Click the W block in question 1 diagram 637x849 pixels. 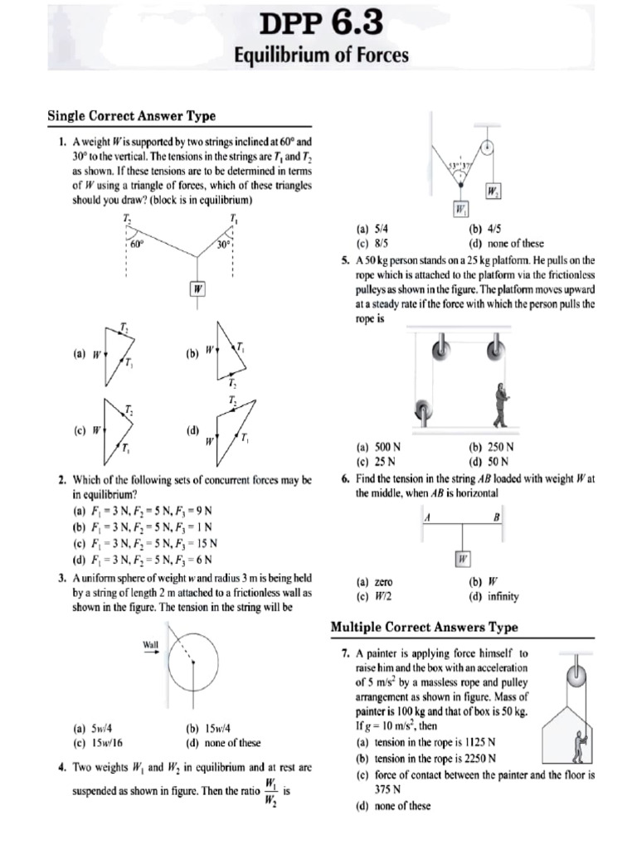pos(197,289)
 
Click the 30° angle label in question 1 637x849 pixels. pos(221,245)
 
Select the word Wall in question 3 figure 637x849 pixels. pos(151,643)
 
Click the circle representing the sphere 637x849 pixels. pos(194,668)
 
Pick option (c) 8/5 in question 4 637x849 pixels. pos(369,244)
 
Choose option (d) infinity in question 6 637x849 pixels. pos(496,596)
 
